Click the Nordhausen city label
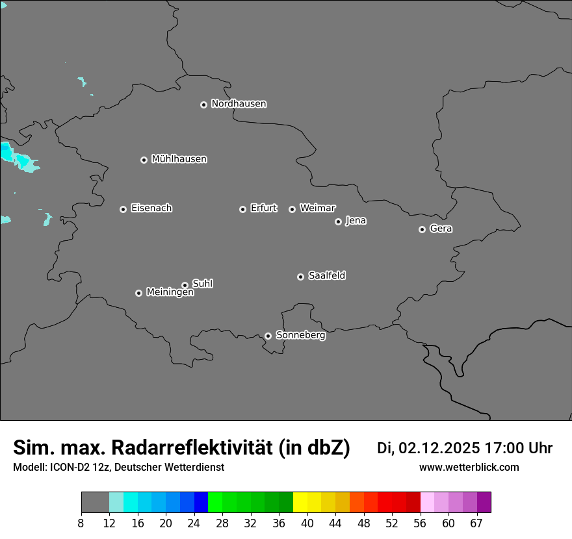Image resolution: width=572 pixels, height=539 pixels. tap(239, 104)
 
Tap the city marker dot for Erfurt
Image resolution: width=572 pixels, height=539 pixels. tap(242, 209)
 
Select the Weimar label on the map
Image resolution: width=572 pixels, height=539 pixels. tap(317, 208)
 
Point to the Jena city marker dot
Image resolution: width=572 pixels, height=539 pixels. tap(338, 221)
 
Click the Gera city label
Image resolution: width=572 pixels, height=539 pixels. tap(441, 229)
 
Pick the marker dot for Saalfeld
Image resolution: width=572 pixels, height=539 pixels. tap(300, 277)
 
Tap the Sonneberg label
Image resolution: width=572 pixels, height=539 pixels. tap(300, 335)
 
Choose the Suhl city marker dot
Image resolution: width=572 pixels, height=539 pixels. tap(185, 285)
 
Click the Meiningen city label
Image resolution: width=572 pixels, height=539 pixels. tap(170, 293)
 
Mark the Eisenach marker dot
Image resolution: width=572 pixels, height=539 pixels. tap(123, 209)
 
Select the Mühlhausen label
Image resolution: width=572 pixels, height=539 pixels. tap(179, 159)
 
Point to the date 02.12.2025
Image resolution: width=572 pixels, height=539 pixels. tap(439, 448)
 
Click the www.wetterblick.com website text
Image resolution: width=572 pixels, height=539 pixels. tap(469, 467)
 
